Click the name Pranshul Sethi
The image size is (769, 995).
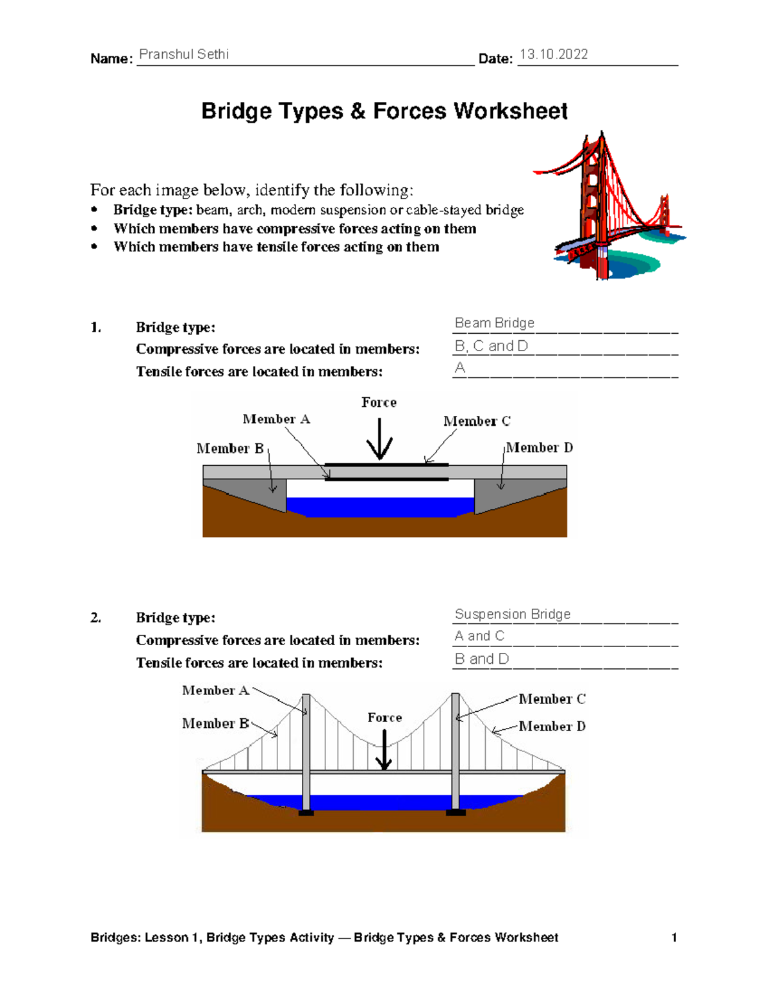[x=184, y=54]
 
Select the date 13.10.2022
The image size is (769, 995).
[x=554, y=54]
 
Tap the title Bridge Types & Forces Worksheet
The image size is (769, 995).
[x=384, y=111]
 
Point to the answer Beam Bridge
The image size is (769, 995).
[x=494, y=323]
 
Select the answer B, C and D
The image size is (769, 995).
[x=491, y=346]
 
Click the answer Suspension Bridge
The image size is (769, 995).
[x=513, y=614]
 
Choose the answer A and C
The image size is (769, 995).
[x=479, y=636]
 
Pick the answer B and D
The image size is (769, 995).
[x=481, y=659]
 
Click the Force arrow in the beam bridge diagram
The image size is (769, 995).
[x=380, y=440]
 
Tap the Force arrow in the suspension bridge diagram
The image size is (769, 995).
[x=384, y=750]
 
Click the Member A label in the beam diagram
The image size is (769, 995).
[x=276, y=419]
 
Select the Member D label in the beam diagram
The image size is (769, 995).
[x=540, y=447]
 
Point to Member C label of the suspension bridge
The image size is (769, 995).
[x=552, y=699]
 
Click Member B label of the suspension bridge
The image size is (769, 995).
[x=215, y=723]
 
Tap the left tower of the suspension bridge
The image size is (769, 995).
[x=306, y=753]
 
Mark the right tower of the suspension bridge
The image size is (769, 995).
[x=456, y=753]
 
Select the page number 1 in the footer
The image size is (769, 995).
[x=674, y=937]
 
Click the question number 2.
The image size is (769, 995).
[x=95, y=618]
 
